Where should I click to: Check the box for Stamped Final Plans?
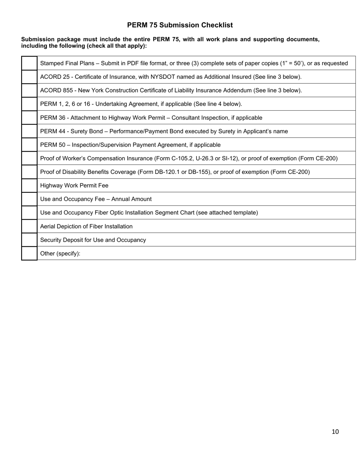[29, 63]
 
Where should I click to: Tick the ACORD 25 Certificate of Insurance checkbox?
[29, 77]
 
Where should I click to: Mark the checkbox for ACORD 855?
[29, 91]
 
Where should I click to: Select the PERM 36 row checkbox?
[29, 118]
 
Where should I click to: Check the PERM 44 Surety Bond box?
[29, 131]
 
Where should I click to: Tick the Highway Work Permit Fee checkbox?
[29, 186]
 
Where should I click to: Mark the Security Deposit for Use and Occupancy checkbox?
[29, 240]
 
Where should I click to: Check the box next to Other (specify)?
[29, 253]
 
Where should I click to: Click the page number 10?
[335, 432]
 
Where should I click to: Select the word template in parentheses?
[245, 213]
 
